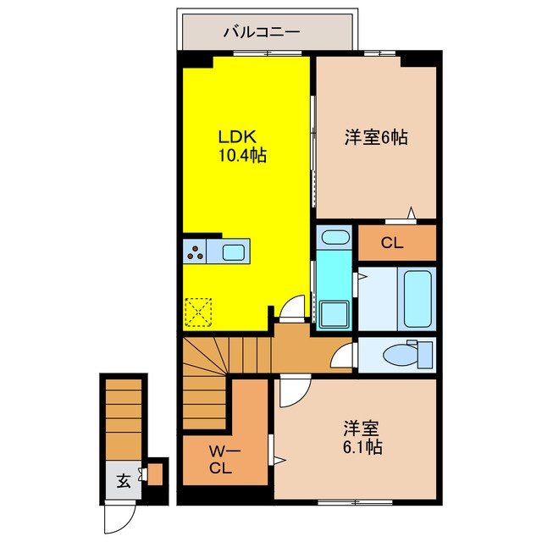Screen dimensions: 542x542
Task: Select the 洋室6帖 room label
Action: (375, 136)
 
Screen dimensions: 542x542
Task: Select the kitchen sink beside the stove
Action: (233, 251)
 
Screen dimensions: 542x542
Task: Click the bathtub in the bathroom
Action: (417, 299)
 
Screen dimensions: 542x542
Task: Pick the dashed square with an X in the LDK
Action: (200, 311)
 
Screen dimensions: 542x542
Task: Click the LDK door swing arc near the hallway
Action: (293, 307)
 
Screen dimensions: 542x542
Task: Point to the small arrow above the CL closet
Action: (411, 213)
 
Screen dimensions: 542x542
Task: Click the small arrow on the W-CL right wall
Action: (276, 461)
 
